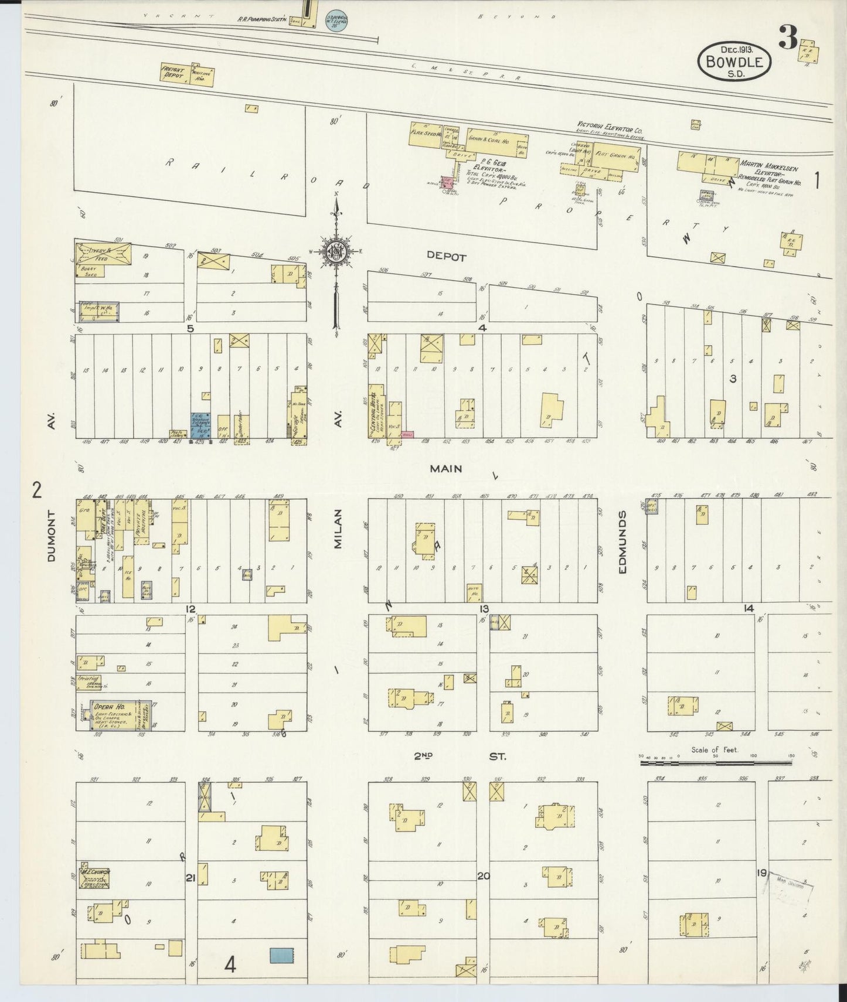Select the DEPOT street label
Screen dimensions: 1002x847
tap(446, 257)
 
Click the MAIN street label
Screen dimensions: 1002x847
tap(445, 469)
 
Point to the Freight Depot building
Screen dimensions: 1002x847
tap(186, 76)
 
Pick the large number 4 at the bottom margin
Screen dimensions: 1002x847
tap(230, 964)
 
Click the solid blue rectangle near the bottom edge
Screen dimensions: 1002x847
tap(282, 955)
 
